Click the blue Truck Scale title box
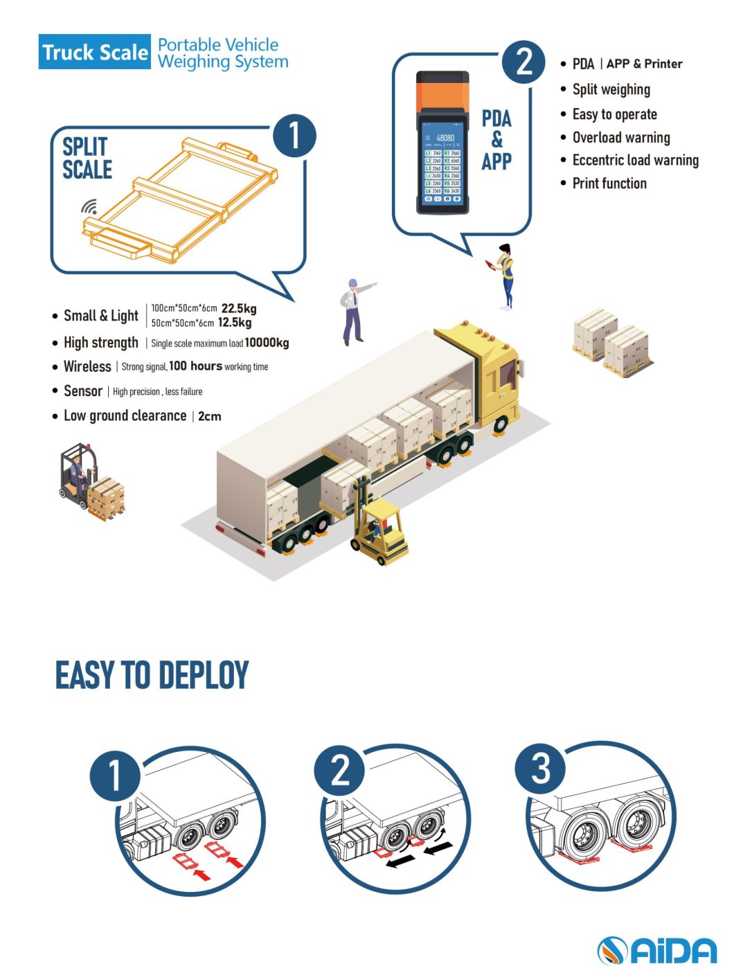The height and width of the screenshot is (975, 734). click(x=94, y=52)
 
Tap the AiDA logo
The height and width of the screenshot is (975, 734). click(x=656, y=950)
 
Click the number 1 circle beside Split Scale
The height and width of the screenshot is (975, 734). click(x=294, y=135)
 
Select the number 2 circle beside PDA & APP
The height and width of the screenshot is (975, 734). click(x=524, y=62)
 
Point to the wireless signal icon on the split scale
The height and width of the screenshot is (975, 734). click(x=89, y=206)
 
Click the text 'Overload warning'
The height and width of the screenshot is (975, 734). click(x=621, y=137)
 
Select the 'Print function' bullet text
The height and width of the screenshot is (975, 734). click(x=609, y=184)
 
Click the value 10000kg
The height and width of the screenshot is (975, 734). click(x=267, y=343)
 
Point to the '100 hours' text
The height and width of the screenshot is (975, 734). click(x=195, y=366)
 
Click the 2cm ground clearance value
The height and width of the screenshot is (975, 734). click(x=209, y=416)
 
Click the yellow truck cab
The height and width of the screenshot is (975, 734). click(x=491, y=374)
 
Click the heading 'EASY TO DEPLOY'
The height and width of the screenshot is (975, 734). click(x=152, y=675)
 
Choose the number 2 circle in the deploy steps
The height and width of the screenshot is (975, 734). click(x=339, y=770)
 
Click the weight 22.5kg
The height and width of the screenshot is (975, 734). click(x=239, y=309)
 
